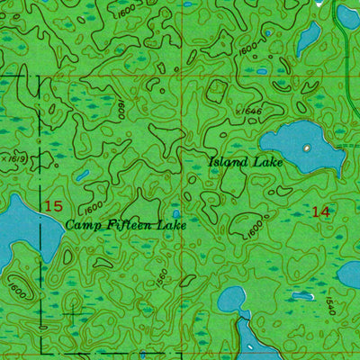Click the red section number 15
[x=53, y=206]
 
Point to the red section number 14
[x=319, y=211]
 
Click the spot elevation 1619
[x=12, y=157]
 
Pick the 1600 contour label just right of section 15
[x=93, y=208]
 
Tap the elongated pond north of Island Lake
[x=309, y=38]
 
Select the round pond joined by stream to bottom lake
[x=233, y=297]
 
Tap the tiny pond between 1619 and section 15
[x=82, y=175]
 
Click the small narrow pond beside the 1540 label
[x=349, y=274]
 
